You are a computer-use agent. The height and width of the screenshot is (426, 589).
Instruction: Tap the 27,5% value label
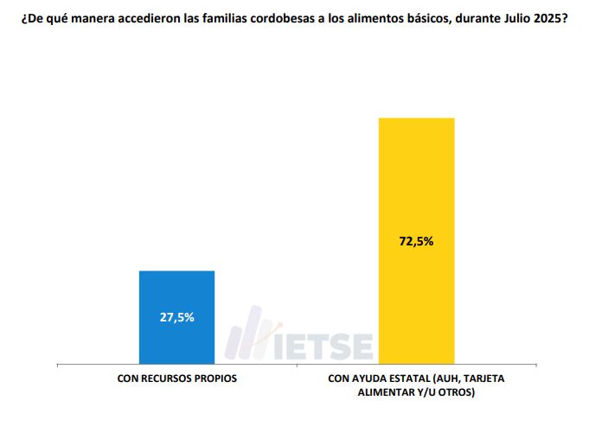(x=177, y=317)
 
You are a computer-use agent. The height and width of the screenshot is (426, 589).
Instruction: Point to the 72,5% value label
(x=416, y=241)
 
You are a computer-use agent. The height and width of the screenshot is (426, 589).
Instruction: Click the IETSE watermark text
(x=330, y=345)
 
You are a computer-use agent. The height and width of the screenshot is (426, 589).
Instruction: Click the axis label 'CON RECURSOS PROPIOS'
(x=177, y=379)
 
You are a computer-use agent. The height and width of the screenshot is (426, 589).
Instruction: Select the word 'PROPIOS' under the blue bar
(x=215, y=379)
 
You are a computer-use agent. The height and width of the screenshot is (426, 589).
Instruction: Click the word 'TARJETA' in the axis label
(x=479, y=379)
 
